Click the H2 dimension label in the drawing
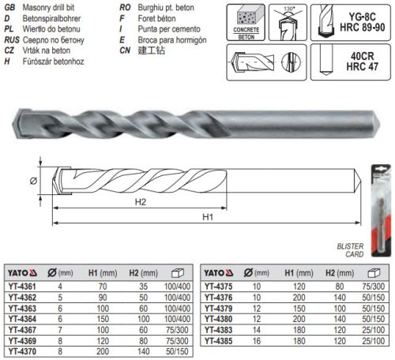coord(141,201)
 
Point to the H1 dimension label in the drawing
coord(208,216)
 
